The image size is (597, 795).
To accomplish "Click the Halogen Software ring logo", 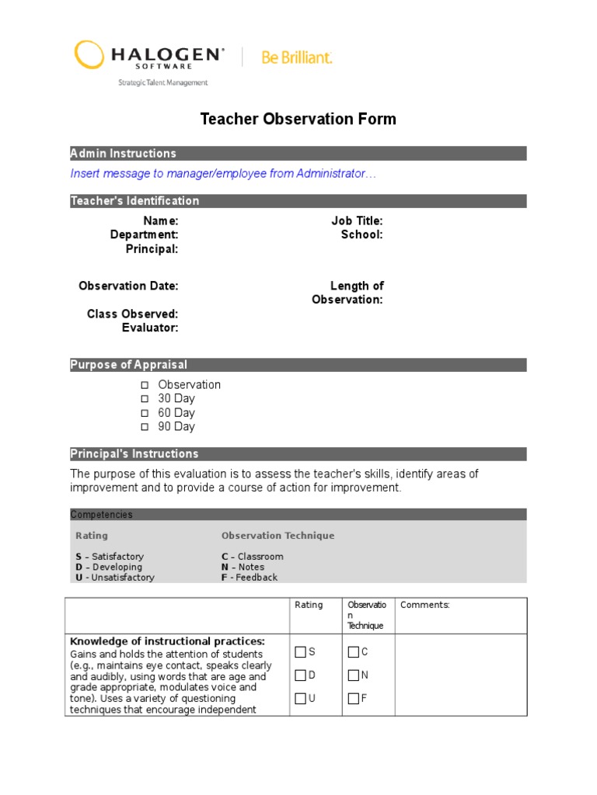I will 88,55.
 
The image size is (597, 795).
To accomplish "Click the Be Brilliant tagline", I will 297,57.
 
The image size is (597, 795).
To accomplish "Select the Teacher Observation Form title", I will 298,119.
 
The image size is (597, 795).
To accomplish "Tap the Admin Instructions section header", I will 124,154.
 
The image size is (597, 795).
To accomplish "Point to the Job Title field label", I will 357,221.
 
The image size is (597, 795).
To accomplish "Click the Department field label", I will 145,234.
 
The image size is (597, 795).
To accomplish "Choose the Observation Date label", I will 128,286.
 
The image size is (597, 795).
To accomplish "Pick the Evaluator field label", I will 150,328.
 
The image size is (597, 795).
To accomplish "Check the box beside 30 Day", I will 144,399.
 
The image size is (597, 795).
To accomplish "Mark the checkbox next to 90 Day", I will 144,427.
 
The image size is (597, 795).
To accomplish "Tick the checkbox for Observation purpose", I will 144,385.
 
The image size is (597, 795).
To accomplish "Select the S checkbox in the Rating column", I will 301,652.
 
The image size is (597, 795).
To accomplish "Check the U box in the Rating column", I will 301,699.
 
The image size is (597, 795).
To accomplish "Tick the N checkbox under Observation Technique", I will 354,675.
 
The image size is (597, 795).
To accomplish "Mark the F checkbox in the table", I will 354,699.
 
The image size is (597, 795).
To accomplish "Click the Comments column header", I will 424,605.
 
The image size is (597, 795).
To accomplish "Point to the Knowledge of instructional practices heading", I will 167,641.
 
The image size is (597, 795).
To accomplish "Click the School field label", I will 361,234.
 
